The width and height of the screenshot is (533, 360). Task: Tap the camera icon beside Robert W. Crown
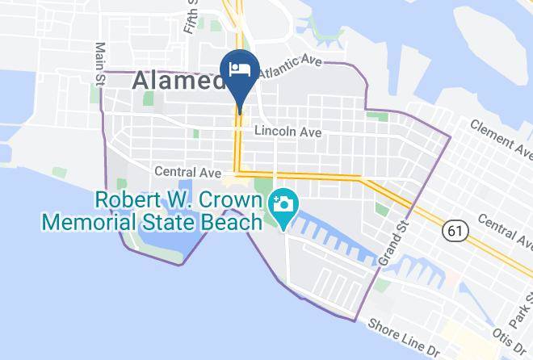(283, 201)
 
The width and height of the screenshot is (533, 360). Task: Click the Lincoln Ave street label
(287, 132)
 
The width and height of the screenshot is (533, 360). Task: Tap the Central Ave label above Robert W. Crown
(188, 172)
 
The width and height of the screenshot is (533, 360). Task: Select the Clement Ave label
(502, 136)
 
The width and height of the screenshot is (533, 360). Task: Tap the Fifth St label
(191, 16)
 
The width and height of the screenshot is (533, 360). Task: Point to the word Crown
(229, 199)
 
